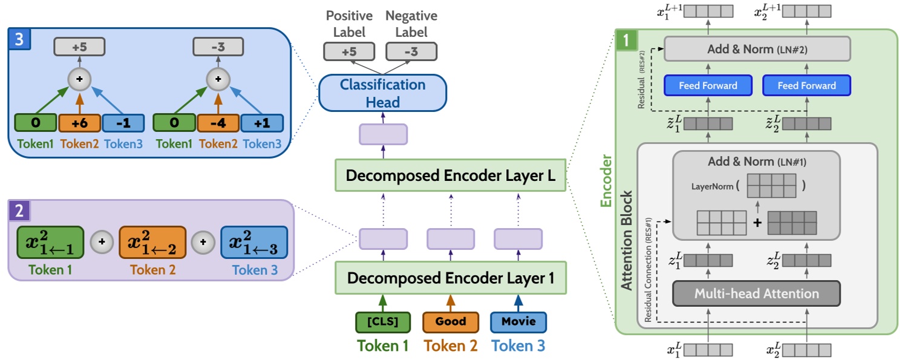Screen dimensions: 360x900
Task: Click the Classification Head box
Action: (382, 93)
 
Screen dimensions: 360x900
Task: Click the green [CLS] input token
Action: (382, 321)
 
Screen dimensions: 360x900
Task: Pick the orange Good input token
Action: (450, 321)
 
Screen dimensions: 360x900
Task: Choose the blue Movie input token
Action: (518, 321)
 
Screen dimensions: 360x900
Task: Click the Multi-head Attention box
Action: (756, 293)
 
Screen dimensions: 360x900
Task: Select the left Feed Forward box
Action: (708, 85)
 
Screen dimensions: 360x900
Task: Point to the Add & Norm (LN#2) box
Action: (757, 49)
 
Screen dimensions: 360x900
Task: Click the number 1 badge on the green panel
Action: (625, 41)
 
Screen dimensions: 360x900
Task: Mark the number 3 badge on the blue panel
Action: (19, 39)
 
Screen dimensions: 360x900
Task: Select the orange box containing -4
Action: (218, 123)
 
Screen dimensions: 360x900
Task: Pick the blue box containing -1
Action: (123, 123)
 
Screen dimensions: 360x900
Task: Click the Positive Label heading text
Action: (349, 23)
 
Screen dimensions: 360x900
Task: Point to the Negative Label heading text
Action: (411, 23)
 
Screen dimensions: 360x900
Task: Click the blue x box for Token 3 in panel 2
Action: (253, 243)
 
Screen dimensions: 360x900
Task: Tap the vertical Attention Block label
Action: (628, 242)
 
